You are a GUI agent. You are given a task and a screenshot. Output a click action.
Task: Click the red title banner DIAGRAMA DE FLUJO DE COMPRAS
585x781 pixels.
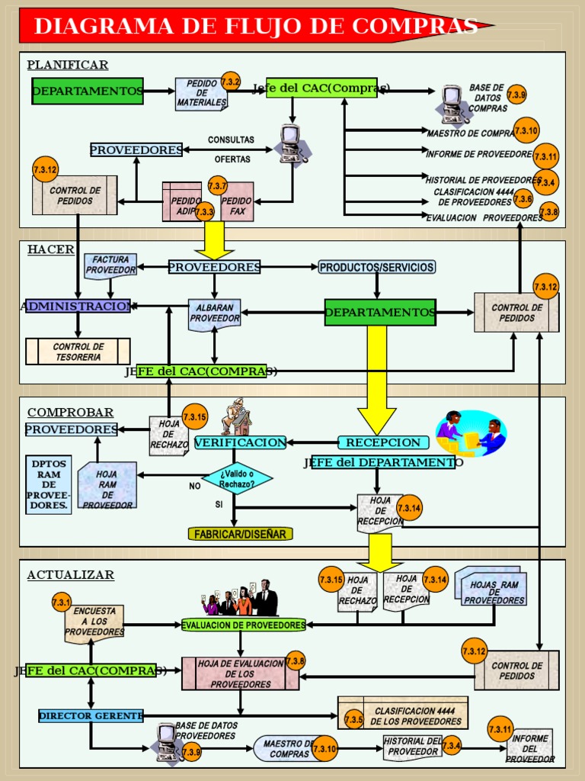[x=256, y=26]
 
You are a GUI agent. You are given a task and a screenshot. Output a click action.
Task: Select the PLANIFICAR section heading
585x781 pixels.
[x=68, y=65]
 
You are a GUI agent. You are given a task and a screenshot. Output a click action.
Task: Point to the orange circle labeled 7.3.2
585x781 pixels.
[x=231, y=82]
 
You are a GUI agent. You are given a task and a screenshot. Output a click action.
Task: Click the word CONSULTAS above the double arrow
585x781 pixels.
[x=231, y=140]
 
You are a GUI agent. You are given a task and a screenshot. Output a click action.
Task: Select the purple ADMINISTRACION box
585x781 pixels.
[x=78, y=306]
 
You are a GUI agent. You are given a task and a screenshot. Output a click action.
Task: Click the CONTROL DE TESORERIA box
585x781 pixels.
[x=78, y=352]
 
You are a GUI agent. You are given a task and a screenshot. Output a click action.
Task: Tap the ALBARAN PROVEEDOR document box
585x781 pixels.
[x=214, y=313]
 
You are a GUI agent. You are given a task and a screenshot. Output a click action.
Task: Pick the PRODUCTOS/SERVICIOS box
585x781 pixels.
[x=377, y=267]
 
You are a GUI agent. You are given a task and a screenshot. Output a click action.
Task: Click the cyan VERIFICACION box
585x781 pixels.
[x=240, y=442]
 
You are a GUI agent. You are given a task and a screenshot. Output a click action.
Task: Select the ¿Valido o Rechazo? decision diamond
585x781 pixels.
[x=237, y=479]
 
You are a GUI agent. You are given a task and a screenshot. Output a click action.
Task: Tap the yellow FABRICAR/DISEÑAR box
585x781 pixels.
[x=240, y=534]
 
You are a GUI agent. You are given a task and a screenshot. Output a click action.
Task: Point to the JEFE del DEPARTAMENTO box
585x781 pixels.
[x=382, y=462]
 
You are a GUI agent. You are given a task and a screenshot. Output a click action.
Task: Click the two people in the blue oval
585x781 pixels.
[x=471, y=432]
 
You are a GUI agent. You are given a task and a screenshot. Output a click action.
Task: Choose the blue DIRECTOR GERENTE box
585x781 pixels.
[x=91, y=715]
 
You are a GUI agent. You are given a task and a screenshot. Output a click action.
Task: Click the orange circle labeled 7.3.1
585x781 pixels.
[x=62, y=603]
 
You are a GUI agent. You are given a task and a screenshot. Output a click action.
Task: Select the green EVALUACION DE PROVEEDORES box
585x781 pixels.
[x=244, y=625]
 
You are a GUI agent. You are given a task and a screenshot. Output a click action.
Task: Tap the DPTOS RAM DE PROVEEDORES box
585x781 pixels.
[x=49, y=485]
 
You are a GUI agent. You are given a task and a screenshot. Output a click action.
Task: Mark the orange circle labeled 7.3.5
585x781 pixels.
[x=353, y=719]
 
